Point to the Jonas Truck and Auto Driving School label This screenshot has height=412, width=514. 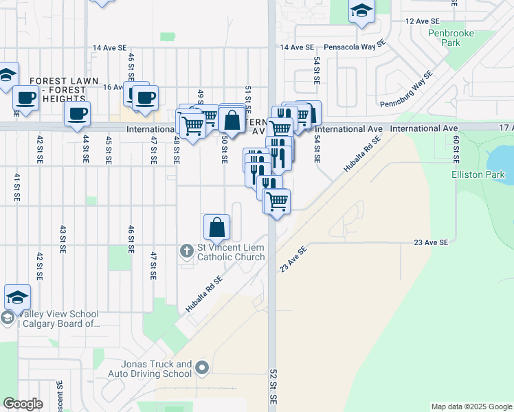[150, 369]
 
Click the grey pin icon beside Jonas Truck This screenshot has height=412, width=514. [201, 369]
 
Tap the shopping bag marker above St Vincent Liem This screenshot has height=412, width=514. [216, 227]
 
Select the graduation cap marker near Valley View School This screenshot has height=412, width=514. [17, 297]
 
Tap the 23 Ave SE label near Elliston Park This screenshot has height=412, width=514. [431, 242]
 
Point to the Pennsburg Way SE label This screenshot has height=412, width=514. [407, 89]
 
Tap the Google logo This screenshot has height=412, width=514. [23, 404]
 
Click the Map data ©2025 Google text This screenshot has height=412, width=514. [471, 407]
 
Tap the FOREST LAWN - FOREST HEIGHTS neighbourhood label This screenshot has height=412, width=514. [64, 89]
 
